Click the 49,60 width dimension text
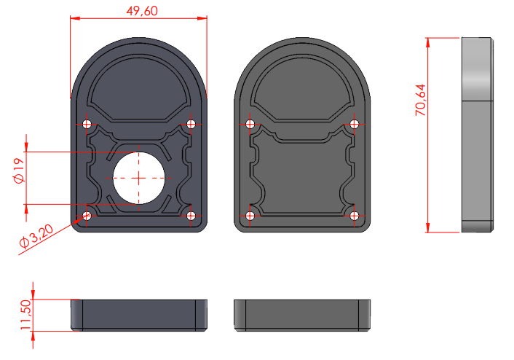coord(142,11)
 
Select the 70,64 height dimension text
coord(421,100)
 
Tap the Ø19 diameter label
coord(19,171)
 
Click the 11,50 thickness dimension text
coord(25,315)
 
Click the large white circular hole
coord(138,178)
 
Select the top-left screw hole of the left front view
coord(87,125)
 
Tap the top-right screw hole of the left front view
coord(191,124)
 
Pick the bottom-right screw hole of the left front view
coord(191,216)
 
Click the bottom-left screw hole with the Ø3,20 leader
coord(87,216)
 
